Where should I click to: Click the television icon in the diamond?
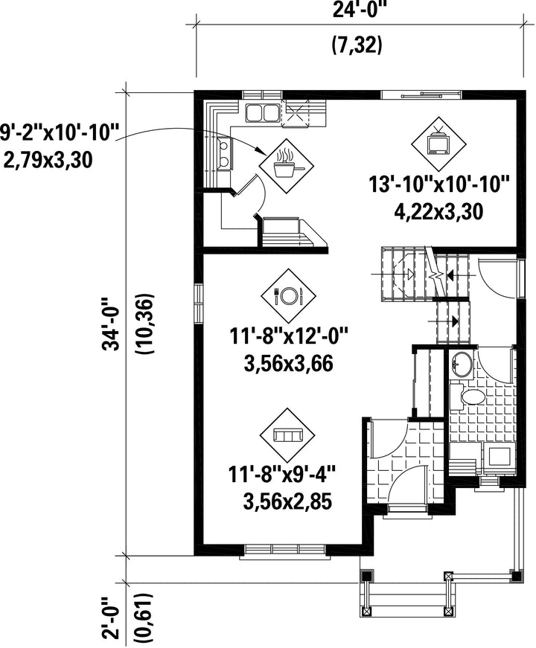438,142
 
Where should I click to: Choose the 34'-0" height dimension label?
112,323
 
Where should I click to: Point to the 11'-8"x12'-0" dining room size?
289,336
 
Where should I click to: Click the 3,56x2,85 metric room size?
289,502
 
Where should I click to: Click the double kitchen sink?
262,113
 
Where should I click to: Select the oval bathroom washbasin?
462,364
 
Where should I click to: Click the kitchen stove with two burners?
224,153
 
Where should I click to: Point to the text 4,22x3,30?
438,212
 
